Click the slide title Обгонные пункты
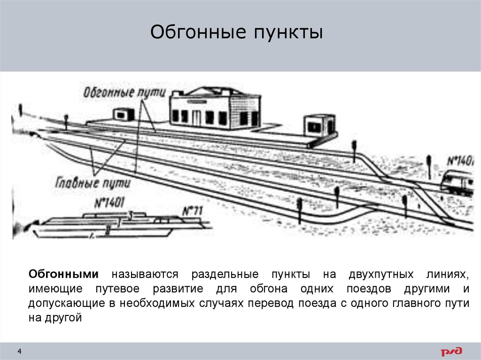(x=237, y=33)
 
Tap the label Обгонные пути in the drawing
(x=124, y=92)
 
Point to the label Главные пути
(x=93, y=181)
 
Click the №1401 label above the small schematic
(x=109, y=203)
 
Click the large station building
(x=215, y=108)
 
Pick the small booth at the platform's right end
(x=319, y=125)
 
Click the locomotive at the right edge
(x=458, y=183)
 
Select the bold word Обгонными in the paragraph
(x=63, y=274)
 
